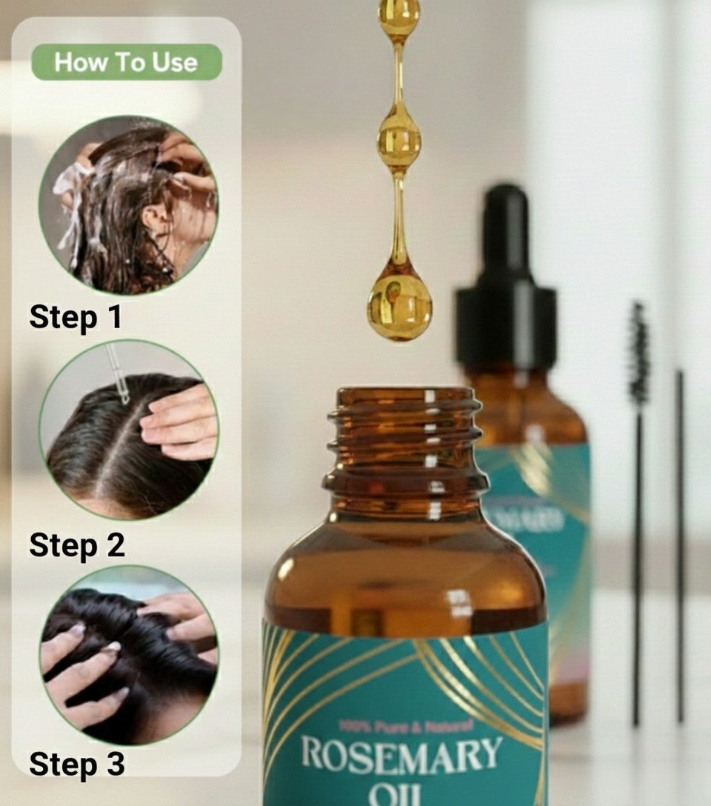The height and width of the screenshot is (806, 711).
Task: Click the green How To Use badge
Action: point(126,62)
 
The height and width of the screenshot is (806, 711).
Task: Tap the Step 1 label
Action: point(76,317)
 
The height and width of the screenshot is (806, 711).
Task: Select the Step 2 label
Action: point(77,545)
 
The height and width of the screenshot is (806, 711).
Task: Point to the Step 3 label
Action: point(77,765)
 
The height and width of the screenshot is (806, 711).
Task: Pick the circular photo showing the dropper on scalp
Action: point(128,429)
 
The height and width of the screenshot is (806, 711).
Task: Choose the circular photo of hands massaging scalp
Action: point(128,654)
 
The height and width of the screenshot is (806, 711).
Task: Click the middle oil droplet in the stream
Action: point(399,138)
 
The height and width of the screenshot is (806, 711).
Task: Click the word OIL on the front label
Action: point(401,796)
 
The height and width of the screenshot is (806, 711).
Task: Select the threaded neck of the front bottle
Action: point(405,444)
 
